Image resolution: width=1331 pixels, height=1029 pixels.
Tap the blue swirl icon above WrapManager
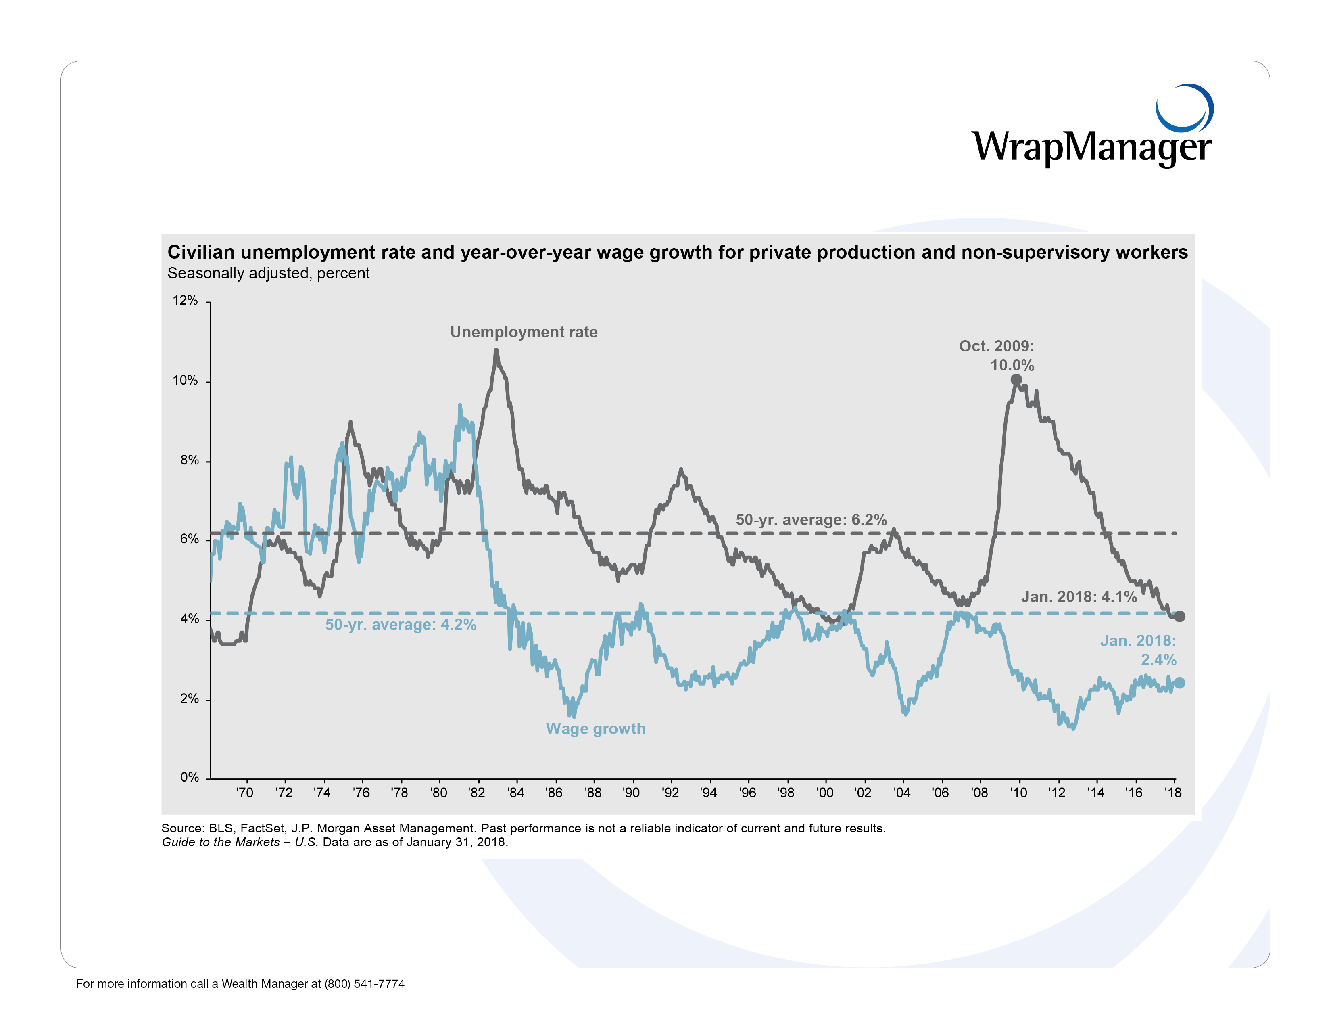tap(1184, 108)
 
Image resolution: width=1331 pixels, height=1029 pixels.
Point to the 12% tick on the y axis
tap(185, 301)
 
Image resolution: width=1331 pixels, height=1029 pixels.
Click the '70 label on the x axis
tap(245, 793)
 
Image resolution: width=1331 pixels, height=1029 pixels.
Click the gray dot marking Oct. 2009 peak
tap(1016, 380)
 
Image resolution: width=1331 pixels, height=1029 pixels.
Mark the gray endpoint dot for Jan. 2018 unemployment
tap(1179, 616)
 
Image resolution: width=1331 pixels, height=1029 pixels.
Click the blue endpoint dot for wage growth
tap(1179, 683)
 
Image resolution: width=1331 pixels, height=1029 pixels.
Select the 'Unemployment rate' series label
tap(524, 332)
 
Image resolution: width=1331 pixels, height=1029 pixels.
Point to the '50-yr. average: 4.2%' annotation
tap(401, 625)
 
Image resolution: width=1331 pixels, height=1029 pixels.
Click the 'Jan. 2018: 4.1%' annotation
tap(1079, 597)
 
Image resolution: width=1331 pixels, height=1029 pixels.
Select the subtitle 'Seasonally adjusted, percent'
tap(268, 273)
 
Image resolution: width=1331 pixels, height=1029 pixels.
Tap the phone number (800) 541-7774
tap(365, 983)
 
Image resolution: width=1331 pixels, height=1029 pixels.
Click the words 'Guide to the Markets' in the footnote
tap(221, 842)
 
